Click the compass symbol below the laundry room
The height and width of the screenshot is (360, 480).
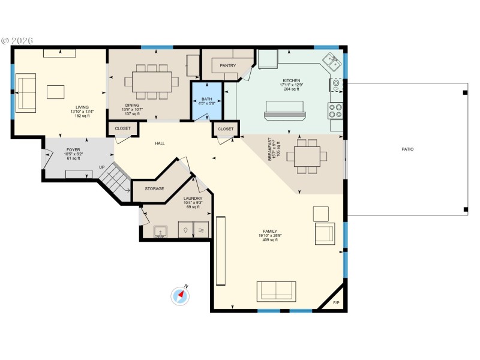click(x=181, y=295)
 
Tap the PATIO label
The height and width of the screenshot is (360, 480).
click(x=407, y=149)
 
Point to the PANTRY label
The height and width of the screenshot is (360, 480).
click(x=228, y=65)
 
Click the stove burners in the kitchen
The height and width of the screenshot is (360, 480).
click(x=335, y=110)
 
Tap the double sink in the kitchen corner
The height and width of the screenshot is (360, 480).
click(x=331, y=61)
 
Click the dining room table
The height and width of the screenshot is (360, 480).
click(x=152, y=81)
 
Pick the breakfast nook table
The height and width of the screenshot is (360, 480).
click(x=306, y=157)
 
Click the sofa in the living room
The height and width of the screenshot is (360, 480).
click(x=26, y=92)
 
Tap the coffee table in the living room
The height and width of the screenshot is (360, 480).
click(x=56, y=92)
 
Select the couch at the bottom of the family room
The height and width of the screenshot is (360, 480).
click(x=276, y=290)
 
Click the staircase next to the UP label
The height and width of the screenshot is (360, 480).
click(x=114, y=179)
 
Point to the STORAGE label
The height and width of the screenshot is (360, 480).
click(x=154, y=189)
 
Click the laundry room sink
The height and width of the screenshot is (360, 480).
click(x=160, y=231)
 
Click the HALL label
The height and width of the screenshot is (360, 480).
click(x=160, y=143)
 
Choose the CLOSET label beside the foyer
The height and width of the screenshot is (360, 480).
click(x=123, y=128)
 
